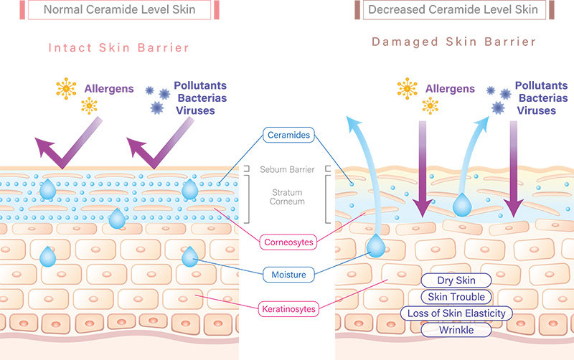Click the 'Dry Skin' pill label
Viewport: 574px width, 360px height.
(x=456, y=280)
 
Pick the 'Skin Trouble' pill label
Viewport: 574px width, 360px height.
(x=456, y=297)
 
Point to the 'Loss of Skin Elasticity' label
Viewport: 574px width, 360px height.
(x=456, y=313)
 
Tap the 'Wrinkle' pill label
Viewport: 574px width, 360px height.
(x=456, y=330)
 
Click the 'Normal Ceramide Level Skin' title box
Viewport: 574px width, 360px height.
(x=121, y=10)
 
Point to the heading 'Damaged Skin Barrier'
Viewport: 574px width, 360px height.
(x=453, y=42)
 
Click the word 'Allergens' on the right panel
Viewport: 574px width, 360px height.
(x=451, y=88)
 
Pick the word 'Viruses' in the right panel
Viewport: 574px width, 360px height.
(x=536, y=110)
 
